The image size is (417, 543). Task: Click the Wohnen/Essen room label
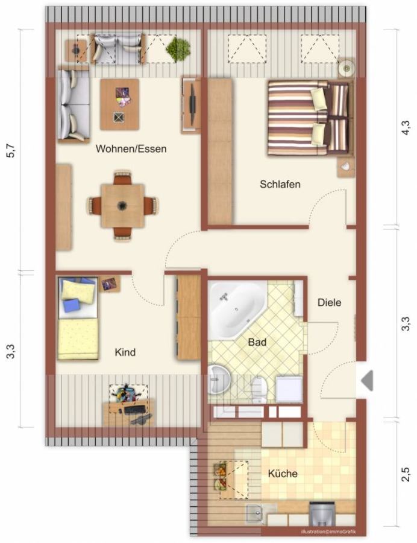click(131, 149)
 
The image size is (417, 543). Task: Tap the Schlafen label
click(280, 184)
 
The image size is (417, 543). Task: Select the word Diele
click(329, 303)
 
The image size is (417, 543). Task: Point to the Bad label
click(257, 342)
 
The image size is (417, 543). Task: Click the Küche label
click(283, 474)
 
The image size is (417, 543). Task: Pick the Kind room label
click(125, 352)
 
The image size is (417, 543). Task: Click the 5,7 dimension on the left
click(11, 150)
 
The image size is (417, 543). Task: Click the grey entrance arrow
click(368, 381)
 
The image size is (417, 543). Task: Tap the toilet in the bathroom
click(259, 390)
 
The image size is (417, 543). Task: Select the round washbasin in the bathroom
click(219, 379)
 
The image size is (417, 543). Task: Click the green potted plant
click(178, 49)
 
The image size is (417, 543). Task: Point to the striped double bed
click(310, 118)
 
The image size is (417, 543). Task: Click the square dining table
click(122, 206)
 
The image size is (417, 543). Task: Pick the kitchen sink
click(255, 514)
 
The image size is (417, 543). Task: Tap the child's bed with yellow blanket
click(78, 318)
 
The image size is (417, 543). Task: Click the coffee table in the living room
click(120, 104)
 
